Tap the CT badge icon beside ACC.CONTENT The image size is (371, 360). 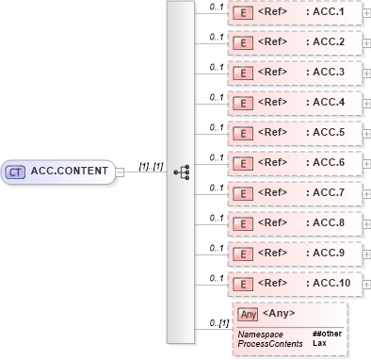pos(15,172)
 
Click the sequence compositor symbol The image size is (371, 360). pos(182,172)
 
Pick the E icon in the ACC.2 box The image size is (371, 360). pos(242,43)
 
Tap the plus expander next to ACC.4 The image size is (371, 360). pos(365,103)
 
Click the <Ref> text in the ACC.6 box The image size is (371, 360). pos(273,163)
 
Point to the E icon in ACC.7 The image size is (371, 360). pos(242,193)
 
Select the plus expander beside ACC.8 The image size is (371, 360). pos(365,223)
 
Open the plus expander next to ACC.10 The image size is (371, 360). pos(365,284)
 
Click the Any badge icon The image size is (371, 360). pos(248,314)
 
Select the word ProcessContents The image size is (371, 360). pos(270,344)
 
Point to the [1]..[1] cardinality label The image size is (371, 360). pos(151,166)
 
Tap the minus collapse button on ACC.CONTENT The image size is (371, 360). pos(120,172)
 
